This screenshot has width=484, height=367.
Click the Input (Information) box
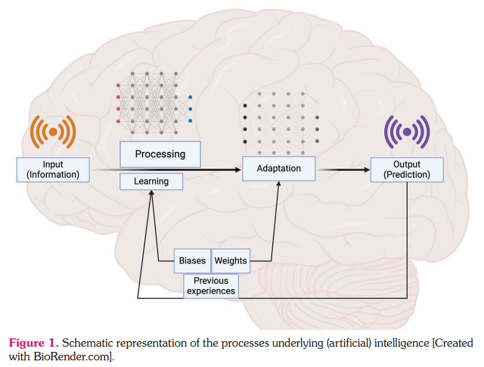tap(52, 169)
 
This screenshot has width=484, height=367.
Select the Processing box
tap(160, 154)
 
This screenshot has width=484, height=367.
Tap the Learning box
tap(151, 182)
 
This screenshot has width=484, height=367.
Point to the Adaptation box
tap(279, 169)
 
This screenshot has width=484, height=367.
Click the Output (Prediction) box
tap(406, 169)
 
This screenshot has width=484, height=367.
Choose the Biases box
tap(191, 260)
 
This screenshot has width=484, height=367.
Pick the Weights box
tap(231, 260)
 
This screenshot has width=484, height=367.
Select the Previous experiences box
tap(210, 285)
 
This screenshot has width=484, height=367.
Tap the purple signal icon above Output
tap(407, 132)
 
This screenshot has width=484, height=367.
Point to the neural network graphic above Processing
tap(154, 99)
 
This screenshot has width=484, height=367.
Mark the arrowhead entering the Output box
tap(367, 170)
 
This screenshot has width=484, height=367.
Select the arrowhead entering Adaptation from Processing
tap(237, 170)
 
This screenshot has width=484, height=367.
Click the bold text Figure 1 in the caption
tap(30, 343)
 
